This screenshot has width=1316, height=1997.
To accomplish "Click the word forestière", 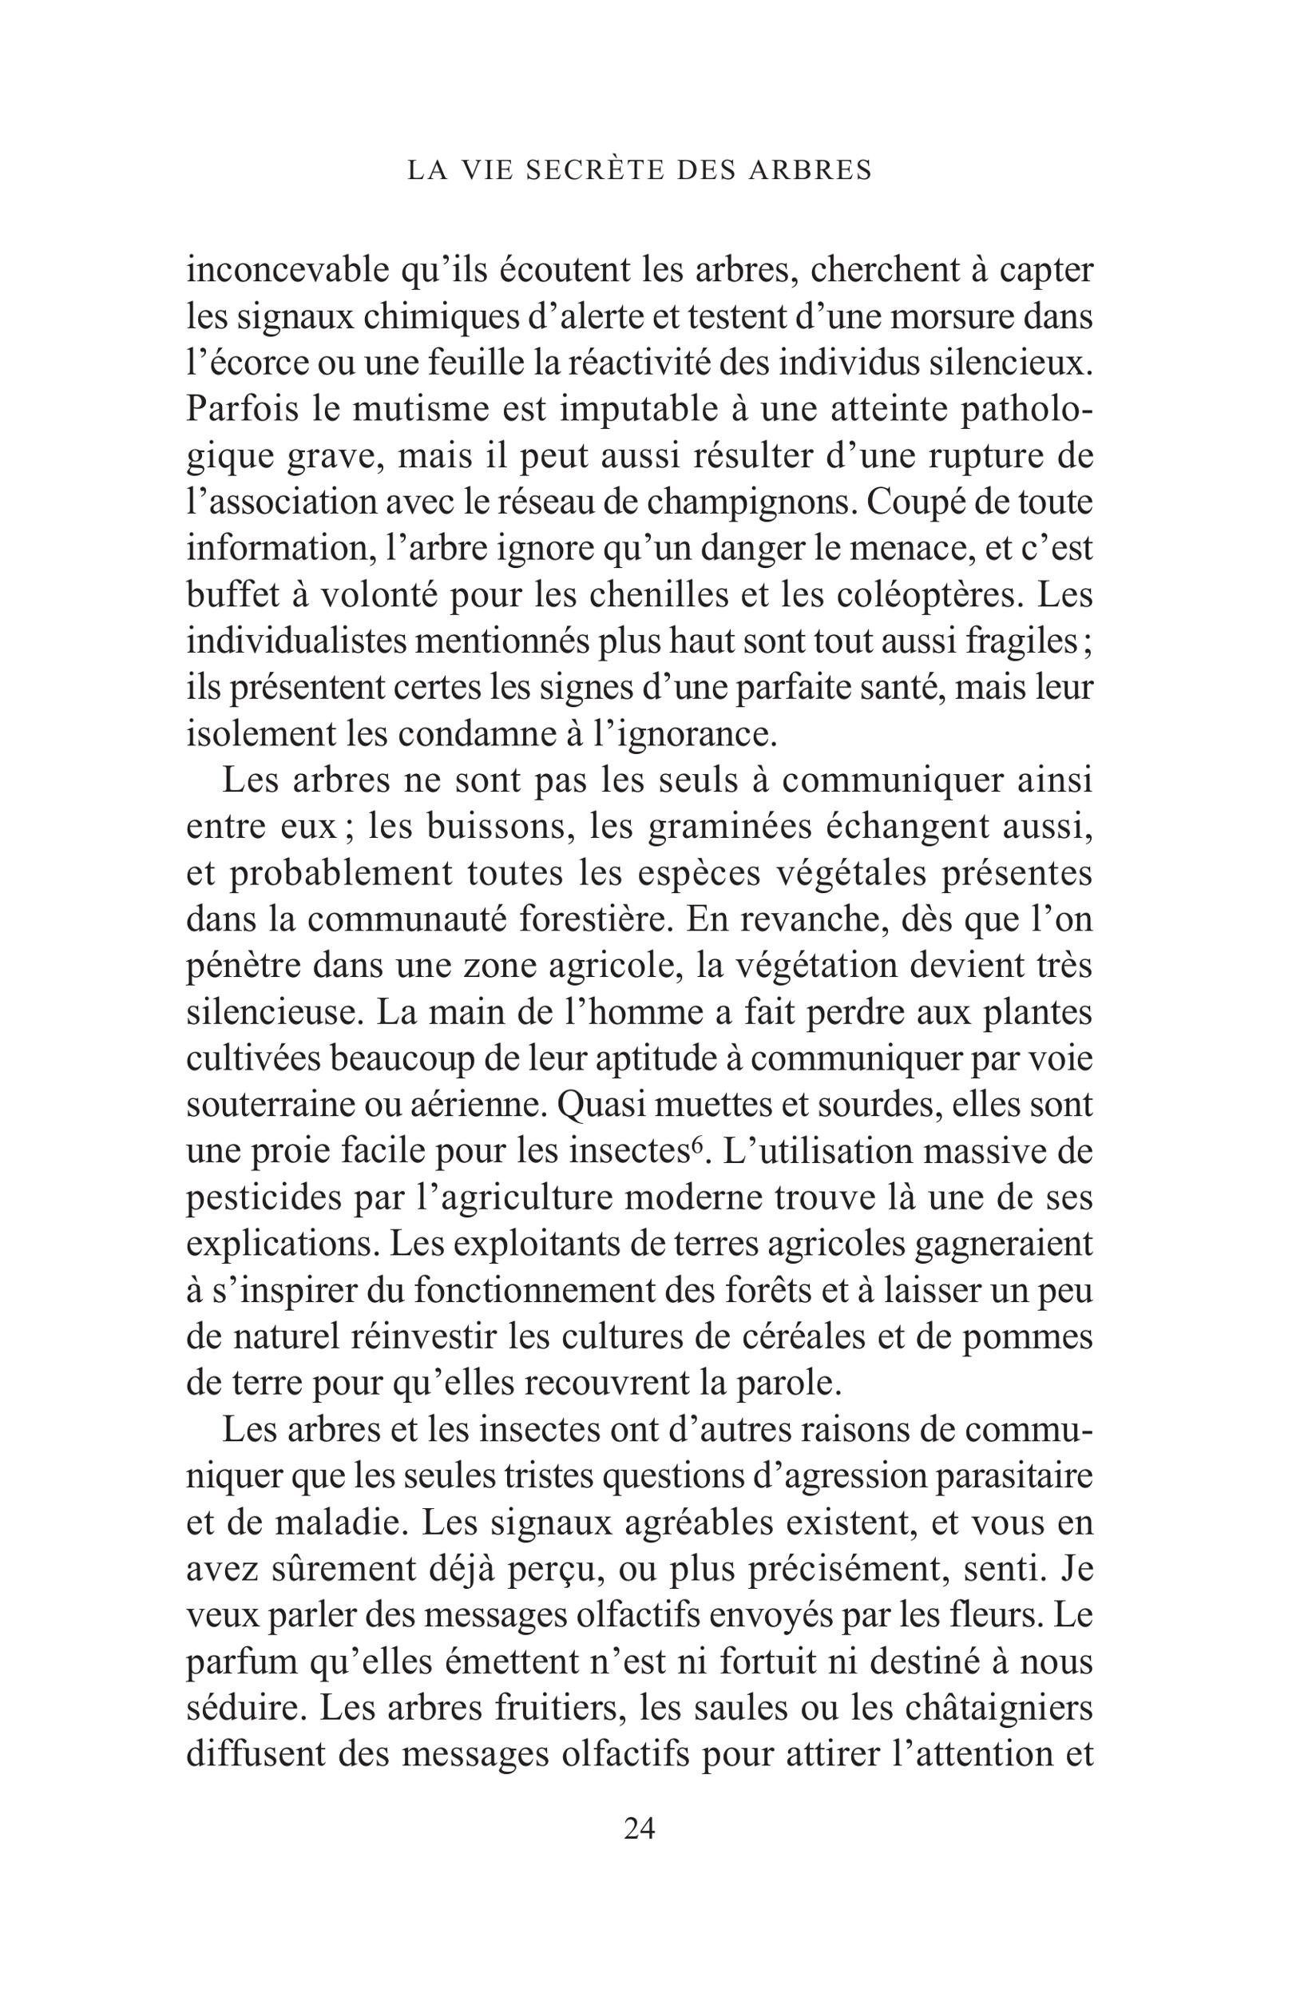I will click(x=592, y=921).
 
